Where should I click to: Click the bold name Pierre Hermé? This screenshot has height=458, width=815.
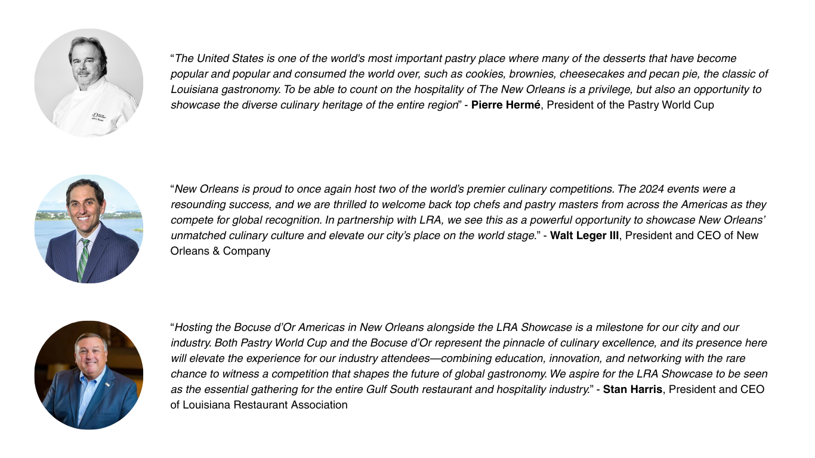click(x=506, y=106)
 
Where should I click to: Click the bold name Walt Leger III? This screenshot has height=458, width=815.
click(x=584, y=236)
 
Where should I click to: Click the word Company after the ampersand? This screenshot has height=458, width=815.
click(x=246, y=251)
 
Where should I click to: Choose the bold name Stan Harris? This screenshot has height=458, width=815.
click(x=633, y=390)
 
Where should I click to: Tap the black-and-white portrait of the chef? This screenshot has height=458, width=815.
click(x=89, y=83)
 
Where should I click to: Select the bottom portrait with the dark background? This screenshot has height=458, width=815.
click(x=89, y=375)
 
